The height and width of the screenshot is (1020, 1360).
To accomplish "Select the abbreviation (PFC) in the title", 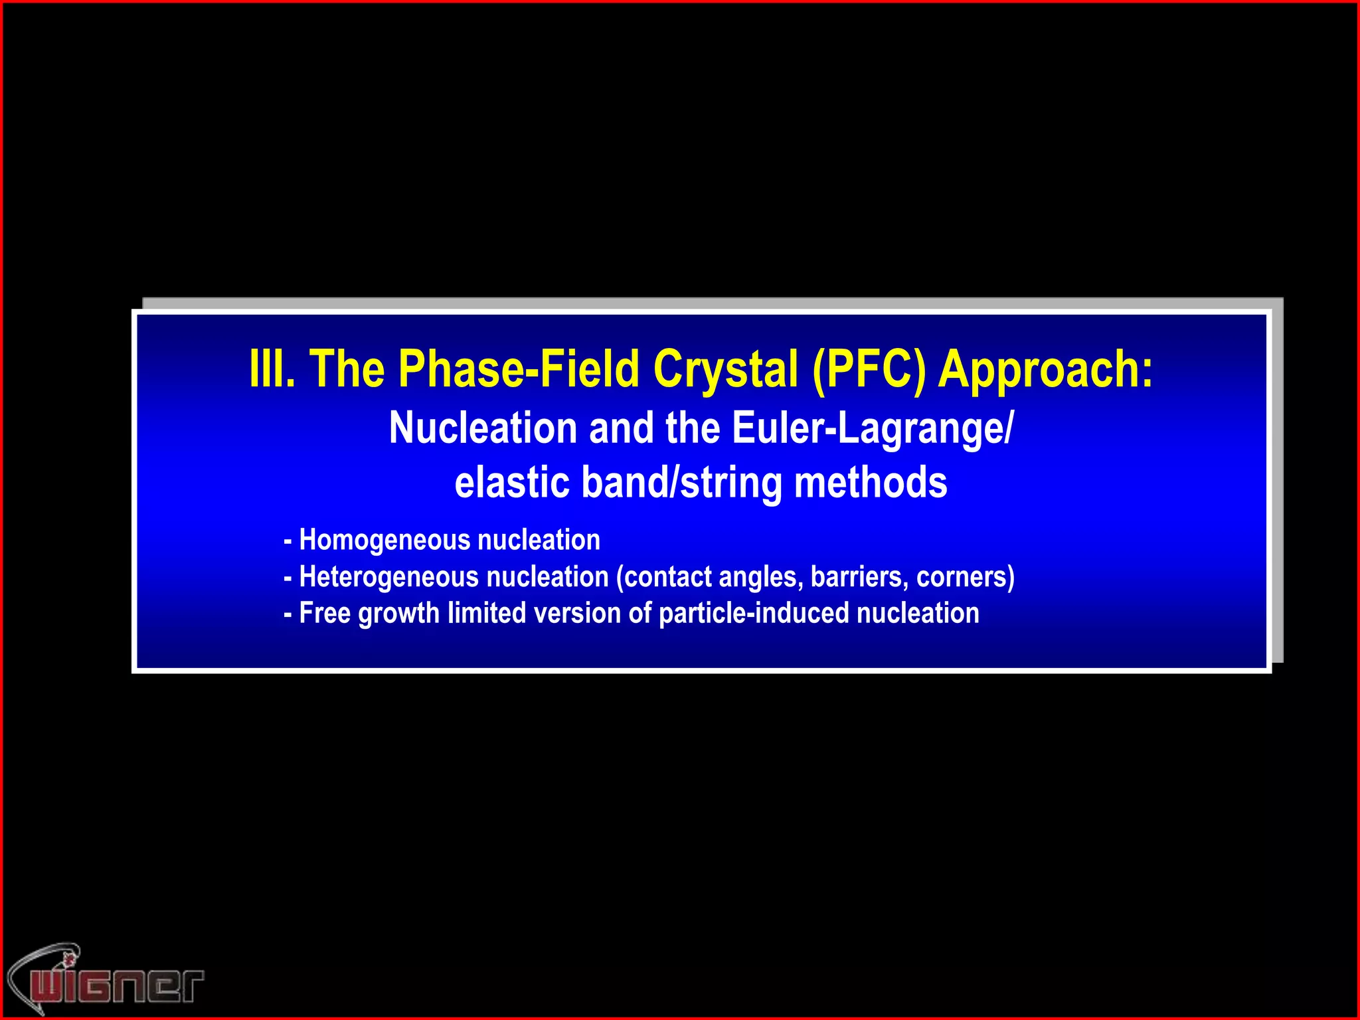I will pyautogui.click(x=869, y=369).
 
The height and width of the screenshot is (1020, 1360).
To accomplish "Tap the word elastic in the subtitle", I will pyautogui.click(x=512, y=483).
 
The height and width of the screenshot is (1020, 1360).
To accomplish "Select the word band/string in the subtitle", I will pyautogui.click(x=681, y=483).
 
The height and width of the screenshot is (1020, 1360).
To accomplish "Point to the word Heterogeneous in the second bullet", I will pyautogui.click(x=388, y=576).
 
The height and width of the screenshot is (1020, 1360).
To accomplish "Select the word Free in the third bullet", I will pyautogui.click(x=325, y=613).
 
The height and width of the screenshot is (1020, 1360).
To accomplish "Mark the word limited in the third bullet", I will pyautogui.click(x=487, y=613).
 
